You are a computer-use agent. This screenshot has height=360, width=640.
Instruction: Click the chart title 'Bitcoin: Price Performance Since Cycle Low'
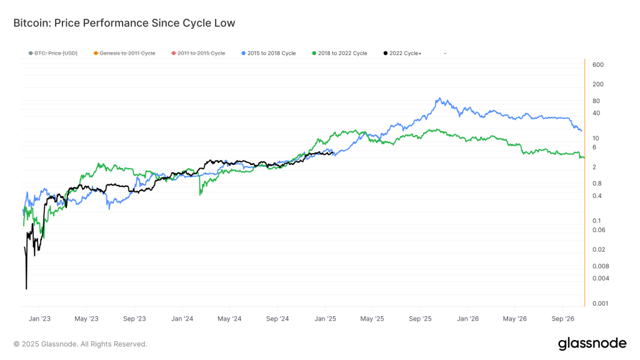(x=124, y=23)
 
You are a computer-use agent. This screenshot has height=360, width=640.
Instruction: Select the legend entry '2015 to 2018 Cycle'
(x=271, y=54)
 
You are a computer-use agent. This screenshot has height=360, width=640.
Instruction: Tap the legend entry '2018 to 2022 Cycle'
(x=342, y=54)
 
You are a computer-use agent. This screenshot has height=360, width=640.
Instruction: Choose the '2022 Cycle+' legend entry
(x=405, y=54)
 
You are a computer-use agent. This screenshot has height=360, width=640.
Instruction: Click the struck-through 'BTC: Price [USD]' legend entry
(x=56, y=54)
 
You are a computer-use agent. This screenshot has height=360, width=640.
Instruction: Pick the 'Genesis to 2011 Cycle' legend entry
(x=127, y=54)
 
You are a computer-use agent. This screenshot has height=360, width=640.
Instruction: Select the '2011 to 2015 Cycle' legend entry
(x=201, y=54)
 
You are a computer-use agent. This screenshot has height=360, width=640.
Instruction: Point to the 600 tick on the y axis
(x=597, y=65)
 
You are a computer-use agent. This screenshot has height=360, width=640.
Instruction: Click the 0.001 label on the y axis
(x=599, y=304)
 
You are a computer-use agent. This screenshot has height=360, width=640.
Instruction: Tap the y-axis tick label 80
(x=596, y=101)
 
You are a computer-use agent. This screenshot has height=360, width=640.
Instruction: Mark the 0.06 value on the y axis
(x=598, y=230)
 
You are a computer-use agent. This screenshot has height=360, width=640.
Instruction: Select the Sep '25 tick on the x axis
(x=421, y=319)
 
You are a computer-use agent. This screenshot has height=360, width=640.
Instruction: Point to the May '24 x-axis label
(x=229, y=319)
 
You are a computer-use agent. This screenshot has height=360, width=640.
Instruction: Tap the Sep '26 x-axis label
(x=563, y=319)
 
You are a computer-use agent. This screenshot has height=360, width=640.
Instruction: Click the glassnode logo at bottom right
(x=592, y=343)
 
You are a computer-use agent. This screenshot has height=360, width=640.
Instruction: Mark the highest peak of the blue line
(x=440, y=98)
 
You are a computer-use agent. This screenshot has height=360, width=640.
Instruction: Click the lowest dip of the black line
(x=26, y=289)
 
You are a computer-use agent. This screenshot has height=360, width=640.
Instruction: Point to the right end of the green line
(x=584, y=157)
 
